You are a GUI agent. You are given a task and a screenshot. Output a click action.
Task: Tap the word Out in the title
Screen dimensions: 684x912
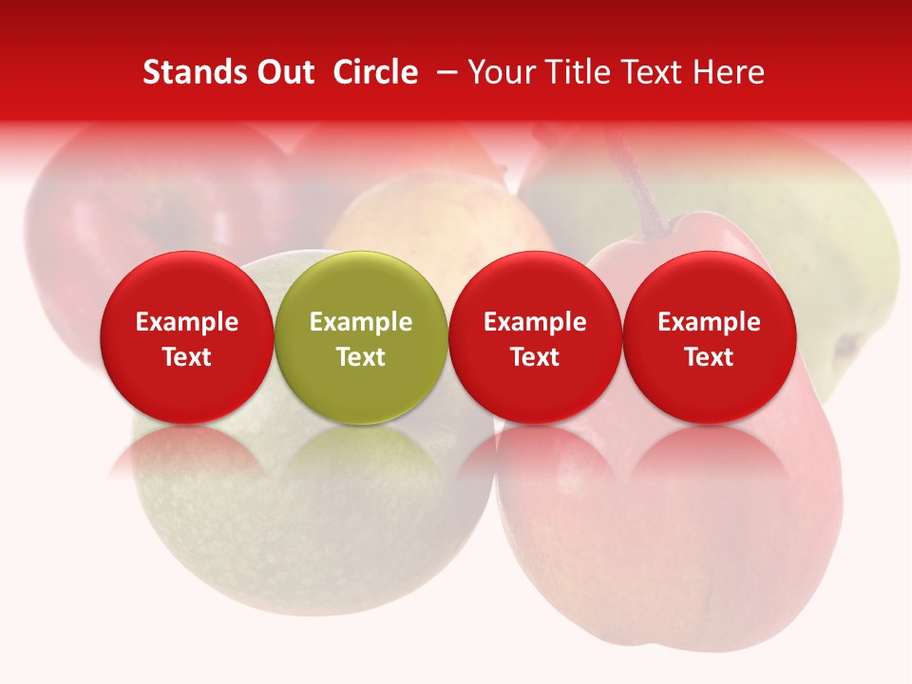[x=281, y=72]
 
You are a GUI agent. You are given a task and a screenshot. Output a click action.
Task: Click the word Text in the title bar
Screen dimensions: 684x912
[x=657, y=72]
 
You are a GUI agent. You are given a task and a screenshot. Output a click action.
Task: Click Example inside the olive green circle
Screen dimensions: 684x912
[x=361, y=322]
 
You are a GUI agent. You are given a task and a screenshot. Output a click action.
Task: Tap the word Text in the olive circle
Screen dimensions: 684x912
[x=361, y=357]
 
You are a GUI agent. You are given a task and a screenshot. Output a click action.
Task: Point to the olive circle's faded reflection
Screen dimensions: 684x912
[x=361, y=456]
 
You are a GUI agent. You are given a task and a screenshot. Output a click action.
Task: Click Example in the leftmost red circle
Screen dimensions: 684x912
[x=187, y=322]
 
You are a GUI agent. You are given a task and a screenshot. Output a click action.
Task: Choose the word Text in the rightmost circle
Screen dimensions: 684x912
[x=709, y=357]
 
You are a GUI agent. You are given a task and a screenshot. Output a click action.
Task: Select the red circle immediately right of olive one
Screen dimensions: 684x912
[x=535, y=337]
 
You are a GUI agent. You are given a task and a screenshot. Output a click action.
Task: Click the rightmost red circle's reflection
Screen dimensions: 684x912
[x=709, y=456]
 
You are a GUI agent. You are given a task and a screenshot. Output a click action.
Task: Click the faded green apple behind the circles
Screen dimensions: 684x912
[x=313, y=532]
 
